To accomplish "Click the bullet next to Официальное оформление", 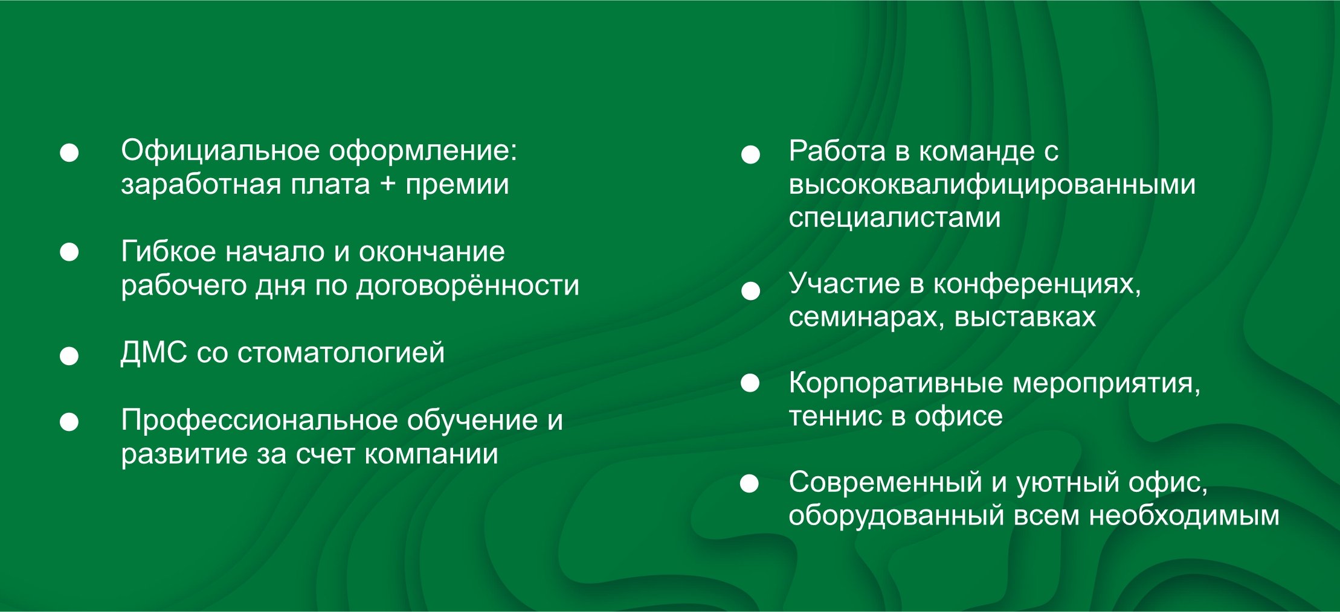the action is (69, 153).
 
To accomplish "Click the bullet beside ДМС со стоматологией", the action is (69, 355).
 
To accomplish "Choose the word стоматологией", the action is (341, 352).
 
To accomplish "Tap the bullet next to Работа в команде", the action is (750, 154).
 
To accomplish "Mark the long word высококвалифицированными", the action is (992, 185).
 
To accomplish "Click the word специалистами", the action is (894, 217).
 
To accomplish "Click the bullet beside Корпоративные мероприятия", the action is (750, 383).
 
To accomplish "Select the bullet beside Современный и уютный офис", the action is (749, 483).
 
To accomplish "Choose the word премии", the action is (457, 185).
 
